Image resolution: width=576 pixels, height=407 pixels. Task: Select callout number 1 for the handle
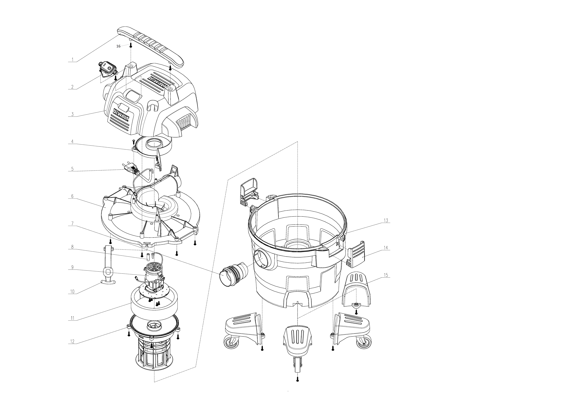[x=72, y=60]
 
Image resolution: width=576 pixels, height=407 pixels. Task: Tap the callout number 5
[x=72, y=169]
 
